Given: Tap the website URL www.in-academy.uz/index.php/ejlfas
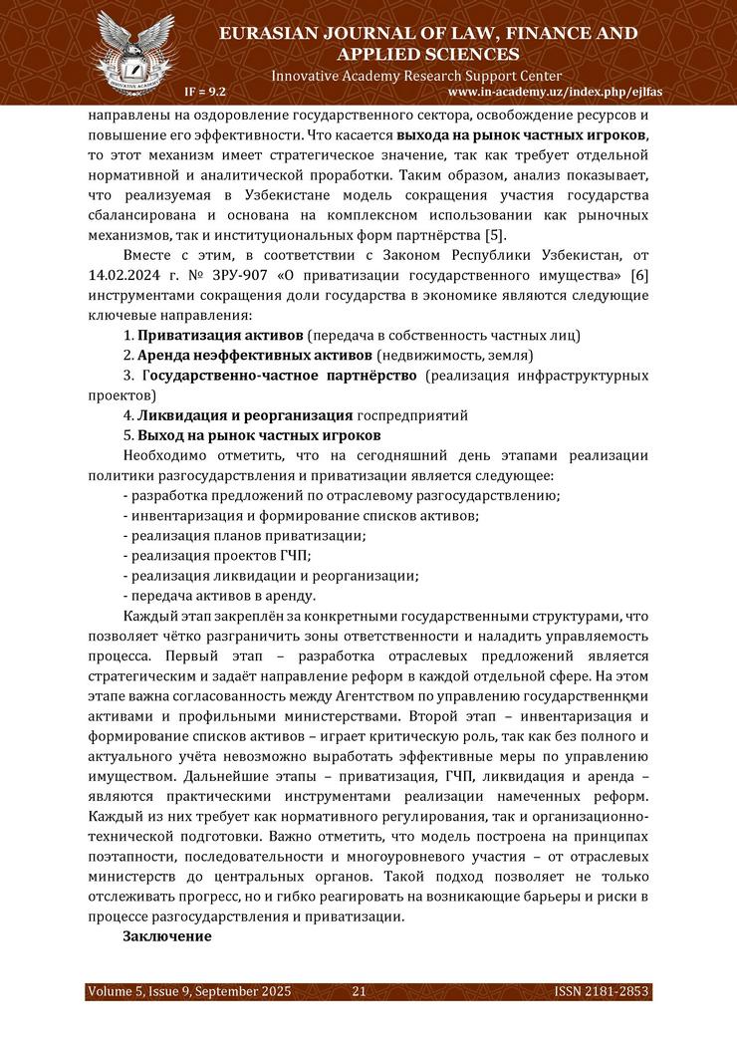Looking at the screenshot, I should coord(556,92).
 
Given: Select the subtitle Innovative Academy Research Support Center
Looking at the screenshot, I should coord(416,76).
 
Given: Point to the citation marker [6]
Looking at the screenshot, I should coord(640,274).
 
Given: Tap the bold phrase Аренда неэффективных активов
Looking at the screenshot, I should coord(255,356).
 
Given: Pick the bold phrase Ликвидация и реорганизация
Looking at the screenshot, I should coord(245,414).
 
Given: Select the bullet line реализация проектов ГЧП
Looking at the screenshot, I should coord(216,555).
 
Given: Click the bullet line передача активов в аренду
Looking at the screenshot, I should coord(218,596).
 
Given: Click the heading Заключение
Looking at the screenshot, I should coord(166,936).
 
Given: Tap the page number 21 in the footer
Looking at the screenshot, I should coord(360,991).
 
